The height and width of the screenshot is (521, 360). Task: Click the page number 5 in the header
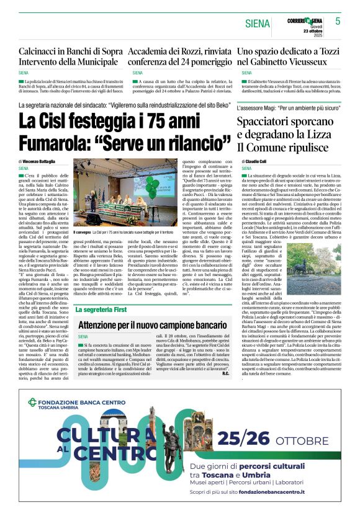click(338, 20)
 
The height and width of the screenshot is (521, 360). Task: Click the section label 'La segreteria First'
click(101, 309)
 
